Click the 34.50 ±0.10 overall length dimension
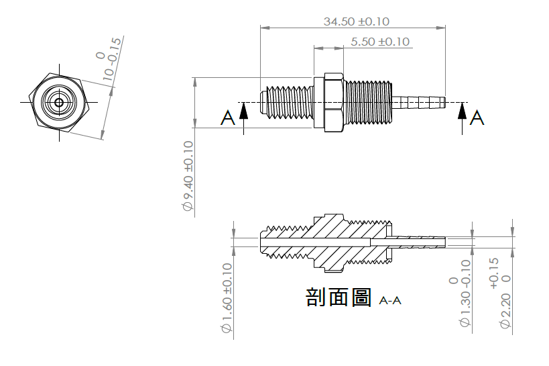pos(356,21)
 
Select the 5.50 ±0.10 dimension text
pos(380,42)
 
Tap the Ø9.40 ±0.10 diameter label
pos(188,176)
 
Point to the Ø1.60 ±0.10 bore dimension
pos(227,298)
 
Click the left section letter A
pos(228,118)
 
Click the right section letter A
pos(477,118)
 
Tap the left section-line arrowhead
pos(244,111)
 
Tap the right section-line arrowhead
pos(462,111)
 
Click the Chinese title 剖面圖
pos(339,298)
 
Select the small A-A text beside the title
pos(390,301)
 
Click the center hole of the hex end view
pos(59,103)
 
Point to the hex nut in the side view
pos(334,103)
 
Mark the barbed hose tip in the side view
pos(419,103)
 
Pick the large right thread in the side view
pos(368,103)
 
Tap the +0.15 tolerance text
pos(493,273)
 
